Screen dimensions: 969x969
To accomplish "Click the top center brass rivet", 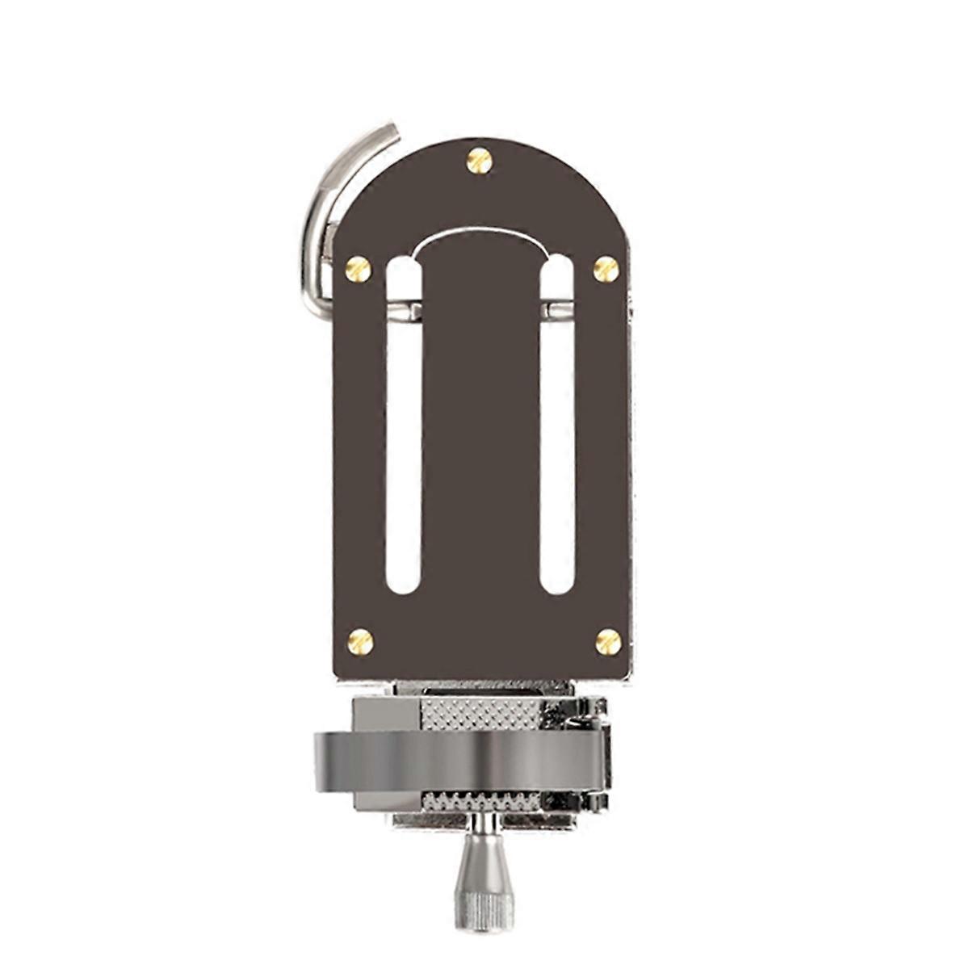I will point(480,161).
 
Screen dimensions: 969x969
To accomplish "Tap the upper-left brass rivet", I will point(358,269).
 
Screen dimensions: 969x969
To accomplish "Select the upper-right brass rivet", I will point(606,269).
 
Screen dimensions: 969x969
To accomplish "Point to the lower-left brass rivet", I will point(360,641).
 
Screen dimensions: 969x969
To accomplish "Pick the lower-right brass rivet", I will point(608,641).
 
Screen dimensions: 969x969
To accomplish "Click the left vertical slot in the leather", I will point(404,452).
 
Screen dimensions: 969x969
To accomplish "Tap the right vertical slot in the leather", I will point(556,452).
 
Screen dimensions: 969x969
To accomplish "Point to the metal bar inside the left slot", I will point(404,309).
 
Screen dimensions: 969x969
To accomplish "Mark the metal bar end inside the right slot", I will point(556,309).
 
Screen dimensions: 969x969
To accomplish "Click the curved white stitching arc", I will point(480,234).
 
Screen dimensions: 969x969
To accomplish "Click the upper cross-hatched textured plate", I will point(480,713).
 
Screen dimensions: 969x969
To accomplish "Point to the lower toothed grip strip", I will point(480,802).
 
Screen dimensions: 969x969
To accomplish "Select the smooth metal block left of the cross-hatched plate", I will point(386,713).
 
